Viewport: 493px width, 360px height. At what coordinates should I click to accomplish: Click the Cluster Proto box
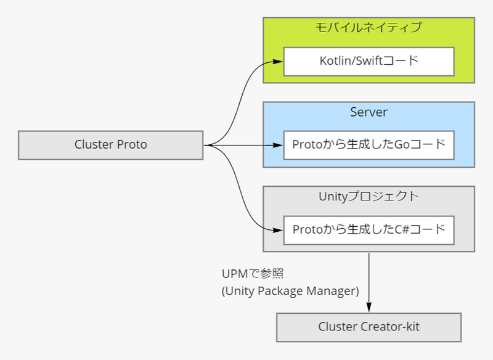pos(111,145)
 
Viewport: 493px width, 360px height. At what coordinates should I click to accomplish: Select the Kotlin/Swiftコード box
pos(369,61)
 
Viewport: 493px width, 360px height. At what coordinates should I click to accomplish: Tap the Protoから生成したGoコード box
pos(369,145)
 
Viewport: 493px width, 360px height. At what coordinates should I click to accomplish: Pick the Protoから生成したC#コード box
pos(369,230)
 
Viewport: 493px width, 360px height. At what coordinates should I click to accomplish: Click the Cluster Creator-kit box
pos(369,327)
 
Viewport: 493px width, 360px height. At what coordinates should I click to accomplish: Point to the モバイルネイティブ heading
pos(369,28)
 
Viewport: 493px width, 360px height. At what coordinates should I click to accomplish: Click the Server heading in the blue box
pos(369,112)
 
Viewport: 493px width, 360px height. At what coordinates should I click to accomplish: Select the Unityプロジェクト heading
pos(369,197)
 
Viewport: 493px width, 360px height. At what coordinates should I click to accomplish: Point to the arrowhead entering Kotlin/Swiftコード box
pos(279,61)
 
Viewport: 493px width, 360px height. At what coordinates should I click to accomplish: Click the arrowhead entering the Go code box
pos(279,145)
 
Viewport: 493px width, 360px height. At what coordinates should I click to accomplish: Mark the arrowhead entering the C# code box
pos(279,230)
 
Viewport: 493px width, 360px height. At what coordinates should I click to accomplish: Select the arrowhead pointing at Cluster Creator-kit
pos(369,308)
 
